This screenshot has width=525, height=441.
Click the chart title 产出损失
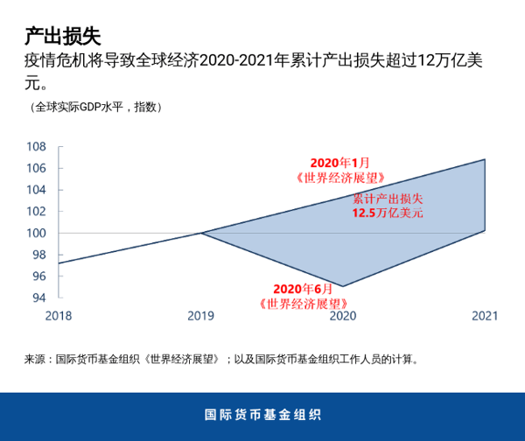(x=62, y=36)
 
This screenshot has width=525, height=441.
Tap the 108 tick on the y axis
(x=35, y=147)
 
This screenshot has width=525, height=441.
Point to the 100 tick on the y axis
(x=35, y=233)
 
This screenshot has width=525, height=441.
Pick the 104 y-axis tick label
(x=35, y=190)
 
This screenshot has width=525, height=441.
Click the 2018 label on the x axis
(x=59, y=316)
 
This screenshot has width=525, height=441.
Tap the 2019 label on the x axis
(x=201, y=316)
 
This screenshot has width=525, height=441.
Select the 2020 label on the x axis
(x=343, y=316)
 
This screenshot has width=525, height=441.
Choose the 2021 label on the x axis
(x=485, y=316)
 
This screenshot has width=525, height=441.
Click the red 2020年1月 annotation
(x=340, y=163)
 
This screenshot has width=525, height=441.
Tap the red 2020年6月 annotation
(x=303, y=289)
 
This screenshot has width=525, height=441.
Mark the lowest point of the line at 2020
(x=343, y=286)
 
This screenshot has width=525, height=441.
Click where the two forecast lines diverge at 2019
(x=201, y=233)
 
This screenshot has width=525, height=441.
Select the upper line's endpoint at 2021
(x=485, y=159)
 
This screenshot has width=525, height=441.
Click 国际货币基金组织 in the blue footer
(x=262, y=415)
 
